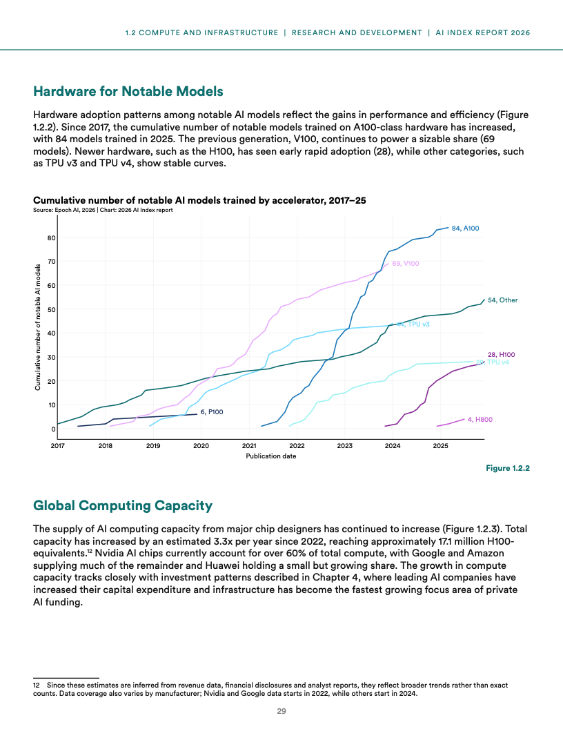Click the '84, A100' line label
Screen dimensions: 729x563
[x=465, y=227]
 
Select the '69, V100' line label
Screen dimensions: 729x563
[x=406, y=264]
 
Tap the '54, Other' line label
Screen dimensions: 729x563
[x=503, y=300]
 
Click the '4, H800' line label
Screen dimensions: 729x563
[x=480, y=419]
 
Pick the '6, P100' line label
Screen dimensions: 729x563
[x=211, y=412]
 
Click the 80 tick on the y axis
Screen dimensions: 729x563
[x=51, y=238]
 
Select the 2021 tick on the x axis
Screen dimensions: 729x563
[x=249, y=445]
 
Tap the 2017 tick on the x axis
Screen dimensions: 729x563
[x=57, y=445]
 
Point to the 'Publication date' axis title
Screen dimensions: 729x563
[x=271, y=456]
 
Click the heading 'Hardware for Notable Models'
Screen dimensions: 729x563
[x=128, y=91]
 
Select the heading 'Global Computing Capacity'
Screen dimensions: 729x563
[x=123, y=506]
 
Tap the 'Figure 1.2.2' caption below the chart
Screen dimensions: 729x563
[x=507, y=469]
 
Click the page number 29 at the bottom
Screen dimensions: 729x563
[x=281, y=712]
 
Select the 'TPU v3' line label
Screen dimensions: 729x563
[x=415, y=324]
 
